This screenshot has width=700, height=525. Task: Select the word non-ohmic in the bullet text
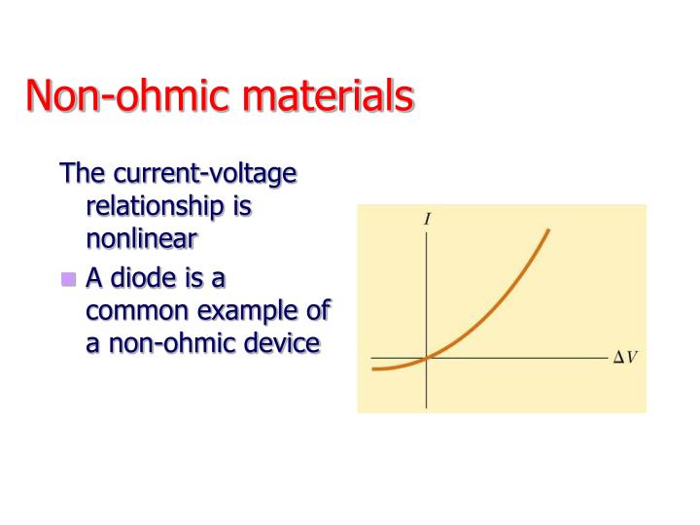point(170,342)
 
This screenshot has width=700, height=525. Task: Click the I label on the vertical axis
point(428,220)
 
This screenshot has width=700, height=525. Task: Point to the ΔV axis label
point(624,358)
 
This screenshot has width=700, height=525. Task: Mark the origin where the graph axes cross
point(427,358)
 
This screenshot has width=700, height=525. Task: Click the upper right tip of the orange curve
point(549,230)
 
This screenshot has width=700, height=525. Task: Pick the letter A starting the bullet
point(94,278)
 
